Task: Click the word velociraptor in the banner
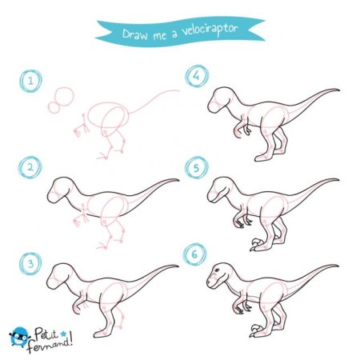210,30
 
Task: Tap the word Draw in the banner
134,34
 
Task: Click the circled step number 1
30,81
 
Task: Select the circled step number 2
30,167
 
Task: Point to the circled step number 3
30,263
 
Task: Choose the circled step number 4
197,76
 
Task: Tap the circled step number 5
197,168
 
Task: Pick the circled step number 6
194,254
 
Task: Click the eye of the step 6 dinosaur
217,270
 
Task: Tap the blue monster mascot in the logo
19,337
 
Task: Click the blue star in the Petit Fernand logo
63,334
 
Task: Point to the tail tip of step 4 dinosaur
338,90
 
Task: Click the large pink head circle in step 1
64,96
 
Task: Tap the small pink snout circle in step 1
54,107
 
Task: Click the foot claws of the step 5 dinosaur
256,244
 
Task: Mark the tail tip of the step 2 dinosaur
178,180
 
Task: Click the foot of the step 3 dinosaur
102,334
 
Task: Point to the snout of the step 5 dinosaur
212,197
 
